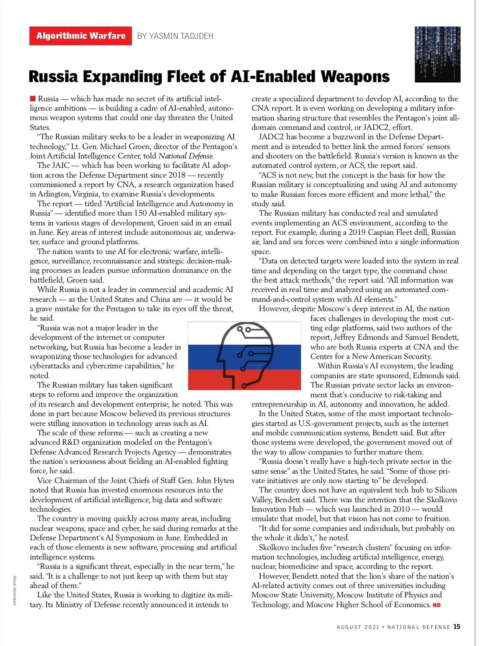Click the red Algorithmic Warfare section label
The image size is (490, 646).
tap(80, 36)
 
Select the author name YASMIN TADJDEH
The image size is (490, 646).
tap(175, 36)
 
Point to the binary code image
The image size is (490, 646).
tap(437, 54)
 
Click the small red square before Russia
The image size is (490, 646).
tap(33, 98)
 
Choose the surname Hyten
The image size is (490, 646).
tap(224, 481)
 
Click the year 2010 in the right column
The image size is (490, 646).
tap(401, 509)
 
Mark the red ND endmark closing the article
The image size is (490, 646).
tap(437, 605)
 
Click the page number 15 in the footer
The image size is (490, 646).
tap(457, 627)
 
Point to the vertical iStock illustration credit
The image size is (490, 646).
tap(15, 590)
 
